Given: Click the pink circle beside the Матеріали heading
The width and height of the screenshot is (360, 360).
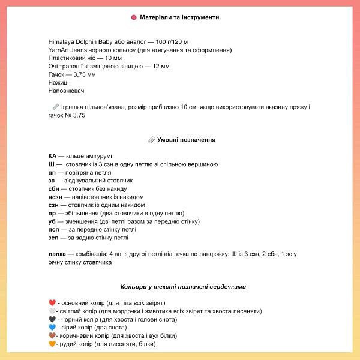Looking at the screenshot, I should [133, 17].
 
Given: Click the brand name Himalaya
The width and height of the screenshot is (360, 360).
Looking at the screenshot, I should [62, 41].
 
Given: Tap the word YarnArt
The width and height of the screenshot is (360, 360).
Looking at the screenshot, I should [59, 50].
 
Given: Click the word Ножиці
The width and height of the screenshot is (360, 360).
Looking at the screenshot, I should [58, 82].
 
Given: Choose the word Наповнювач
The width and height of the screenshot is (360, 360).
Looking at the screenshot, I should [66, 91].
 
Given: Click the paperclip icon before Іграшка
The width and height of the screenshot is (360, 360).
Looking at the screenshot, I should [56, 107].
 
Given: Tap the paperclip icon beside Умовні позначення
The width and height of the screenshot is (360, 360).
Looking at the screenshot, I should [151, 139].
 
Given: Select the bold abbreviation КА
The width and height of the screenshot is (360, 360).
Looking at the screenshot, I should [52, 155].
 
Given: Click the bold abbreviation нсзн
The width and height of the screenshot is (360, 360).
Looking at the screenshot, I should [55, 197].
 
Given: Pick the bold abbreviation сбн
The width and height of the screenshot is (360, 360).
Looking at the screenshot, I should [53, 188].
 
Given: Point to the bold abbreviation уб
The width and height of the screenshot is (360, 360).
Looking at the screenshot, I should [52, 221].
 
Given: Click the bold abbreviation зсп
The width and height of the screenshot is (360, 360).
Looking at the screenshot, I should [53, 238].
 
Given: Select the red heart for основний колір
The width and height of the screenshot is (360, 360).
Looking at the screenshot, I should [52, 303].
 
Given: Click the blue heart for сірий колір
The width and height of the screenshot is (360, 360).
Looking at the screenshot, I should [52, 328].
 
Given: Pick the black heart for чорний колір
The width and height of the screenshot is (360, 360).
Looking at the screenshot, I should [52, 319].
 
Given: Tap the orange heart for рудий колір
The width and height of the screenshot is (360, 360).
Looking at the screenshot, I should [52, 344].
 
